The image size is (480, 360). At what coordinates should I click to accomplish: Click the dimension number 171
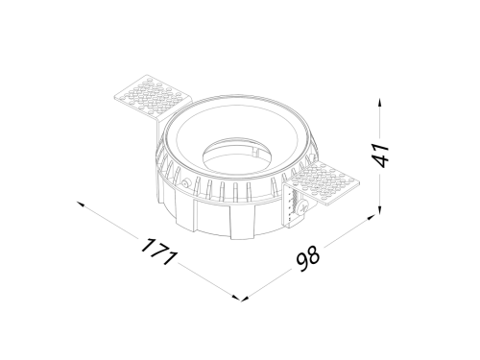tap(159, 252)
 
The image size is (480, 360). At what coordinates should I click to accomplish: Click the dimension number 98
tap(308, 258)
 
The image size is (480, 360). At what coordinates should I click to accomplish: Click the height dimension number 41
tap(382, 156)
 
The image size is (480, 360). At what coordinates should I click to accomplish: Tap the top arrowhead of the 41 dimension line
tap(379, 104)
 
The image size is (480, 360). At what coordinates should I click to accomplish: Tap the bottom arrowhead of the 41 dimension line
tap(379, 210)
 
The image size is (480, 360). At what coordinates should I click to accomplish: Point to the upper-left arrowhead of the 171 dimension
tap(81, 204)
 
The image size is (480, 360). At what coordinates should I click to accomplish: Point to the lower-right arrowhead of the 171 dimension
tap(236, 298)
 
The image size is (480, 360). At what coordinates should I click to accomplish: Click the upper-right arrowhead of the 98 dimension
tap(371, 218)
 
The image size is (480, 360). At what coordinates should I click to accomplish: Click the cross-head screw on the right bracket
tap(301, 208)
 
